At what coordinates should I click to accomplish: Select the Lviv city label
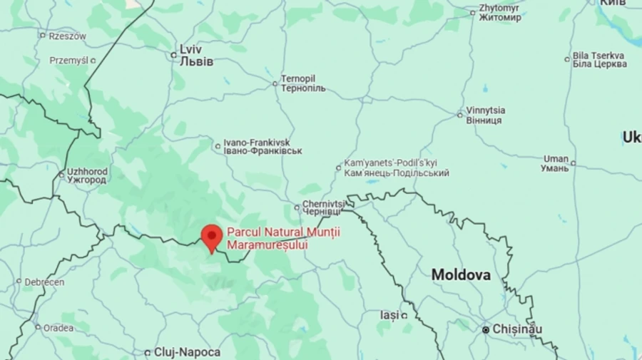196,56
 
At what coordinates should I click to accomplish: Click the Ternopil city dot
275,83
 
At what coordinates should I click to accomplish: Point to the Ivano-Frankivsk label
263,146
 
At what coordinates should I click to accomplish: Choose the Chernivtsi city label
323,207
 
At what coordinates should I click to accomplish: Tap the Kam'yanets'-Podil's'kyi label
396,168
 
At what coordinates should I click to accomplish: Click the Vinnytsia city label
485,115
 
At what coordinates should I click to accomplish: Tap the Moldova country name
461,274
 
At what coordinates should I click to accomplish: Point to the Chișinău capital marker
486,330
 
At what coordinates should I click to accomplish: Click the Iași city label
389,314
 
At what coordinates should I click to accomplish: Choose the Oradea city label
58,328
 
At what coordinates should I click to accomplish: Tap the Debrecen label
44,282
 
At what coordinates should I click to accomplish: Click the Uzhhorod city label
86,175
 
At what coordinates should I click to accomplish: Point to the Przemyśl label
68,61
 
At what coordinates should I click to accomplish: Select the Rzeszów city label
67,36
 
